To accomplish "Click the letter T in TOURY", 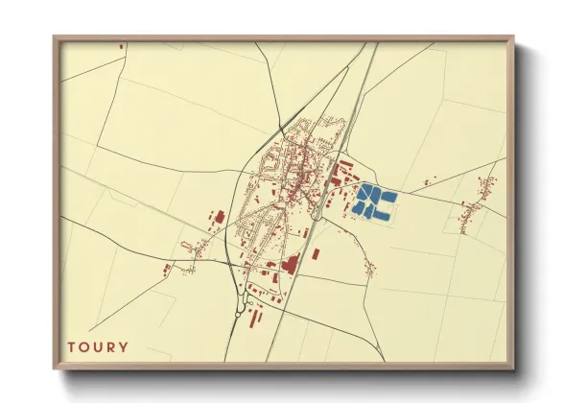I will tap(71, 346).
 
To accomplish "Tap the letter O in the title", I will tap(84, 346).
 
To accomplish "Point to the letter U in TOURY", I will tap(98, 346).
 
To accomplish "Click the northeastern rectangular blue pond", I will tap(388, 196).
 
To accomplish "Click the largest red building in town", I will tap(290, 263).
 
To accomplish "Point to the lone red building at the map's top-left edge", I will tap(122, 45).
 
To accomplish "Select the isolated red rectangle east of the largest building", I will tap(315, 254).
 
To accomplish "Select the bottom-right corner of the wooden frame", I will tap(513, 367).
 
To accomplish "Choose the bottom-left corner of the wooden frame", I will tap(55, 367).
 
